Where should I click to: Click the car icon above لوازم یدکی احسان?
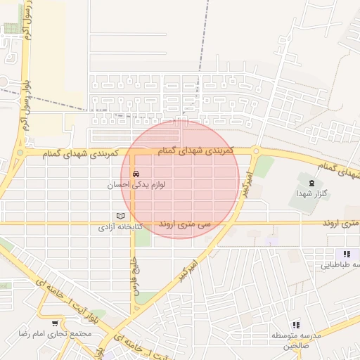[136, 174]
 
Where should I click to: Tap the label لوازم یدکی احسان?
[136, 185]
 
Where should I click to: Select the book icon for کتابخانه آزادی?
[120, 216]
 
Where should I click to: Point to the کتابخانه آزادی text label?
[120, 228]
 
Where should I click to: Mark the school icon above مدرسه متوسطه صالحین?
[296, 325]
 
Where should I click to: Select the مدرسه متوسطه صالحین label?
[295, 340]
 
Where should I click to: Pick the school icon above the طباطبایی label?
[345, 254]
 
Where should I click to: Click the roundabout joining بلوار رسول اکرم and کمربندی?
[20, 151]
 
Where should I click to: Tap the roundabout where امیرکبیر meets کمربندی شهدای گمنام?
[256, 150]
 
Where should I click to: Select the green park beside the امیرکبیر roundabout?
[264, 167]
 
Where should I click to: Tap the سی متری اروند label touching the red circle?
[185, 224]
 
